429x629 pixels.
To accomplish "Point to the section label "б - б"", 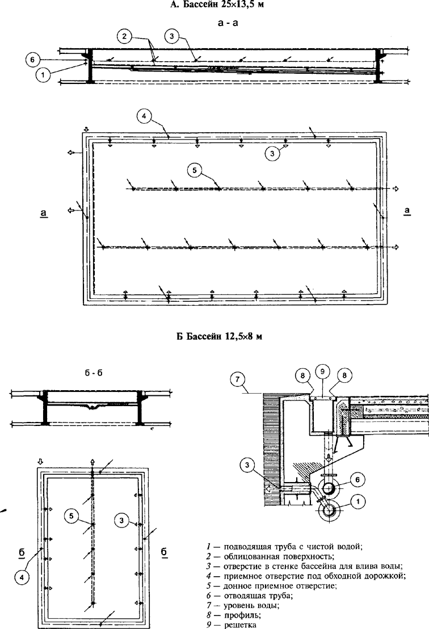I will [92, 374].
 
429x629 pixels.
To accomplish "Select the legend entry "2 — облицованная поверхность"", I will [266, 555].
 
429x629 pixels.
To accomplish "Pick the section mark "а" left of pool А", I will [44, 213].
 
